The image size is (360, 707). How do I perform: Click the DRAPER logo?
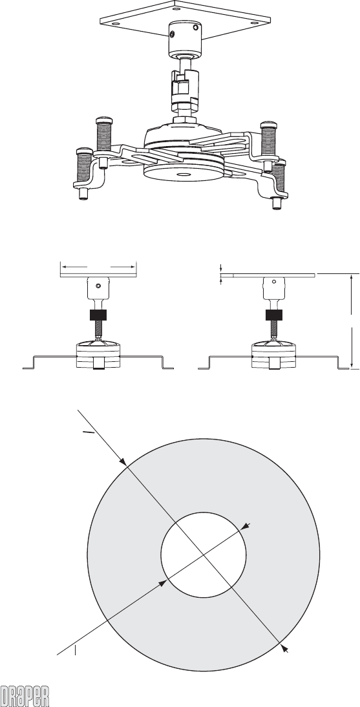(25, 696)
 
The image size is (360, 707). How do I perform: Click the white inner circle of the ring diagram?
(204, 554)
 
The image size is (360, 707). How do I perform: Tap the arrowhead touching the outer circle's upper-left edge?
(123, 461)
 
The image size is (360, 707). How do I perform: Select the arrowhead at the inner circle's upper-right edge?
(245, 527)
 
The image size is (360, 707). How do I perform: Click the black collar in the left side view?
(98, 315)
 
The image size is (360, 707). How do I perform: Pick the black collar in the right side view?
(274, 315)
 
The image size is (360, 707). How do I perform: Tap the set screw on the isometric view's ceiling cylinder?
(173, 34)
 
